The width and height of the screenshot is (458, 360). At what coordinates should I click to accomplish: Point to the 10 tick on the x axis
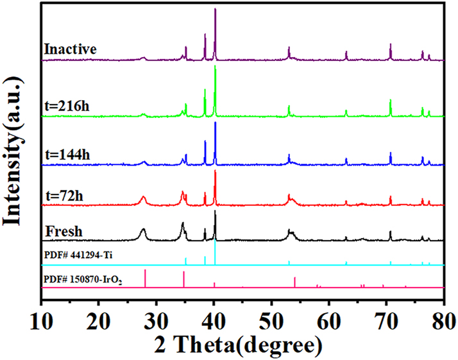click(42, 320)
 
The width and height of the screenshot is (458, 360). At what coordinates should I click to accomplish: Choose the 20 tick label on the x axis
click(99, 320)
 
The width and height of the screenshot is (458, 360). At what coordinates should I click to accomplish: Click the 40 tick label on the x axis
click(214, 320)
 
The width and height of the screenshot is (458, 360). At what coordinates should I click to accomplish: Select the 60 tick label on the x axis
click(329, 320)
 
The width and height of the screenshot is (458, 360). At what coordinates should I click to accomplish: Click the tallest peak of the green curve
click(215, 67)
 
